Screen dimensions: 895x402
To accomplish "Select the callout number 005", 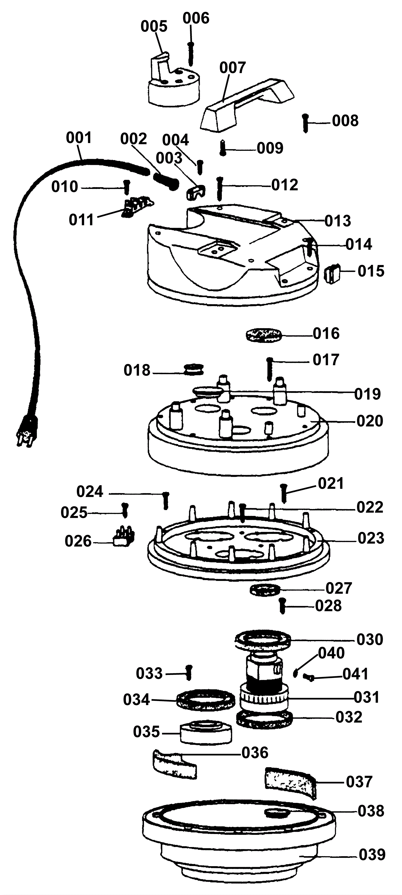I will pyautogui.click(x=154, y=26).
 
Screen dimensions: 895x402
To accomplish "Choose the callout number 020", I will pyautogui.click(x=370, y=421).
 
